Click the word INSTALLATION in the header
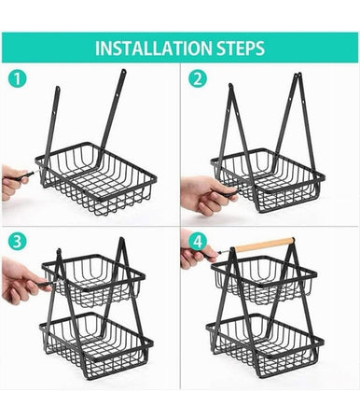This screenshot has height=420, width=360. point(154,48)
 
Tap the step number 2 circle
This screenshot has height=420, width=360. point(196,79)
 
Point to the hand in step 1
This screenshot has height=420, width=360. point(12,181)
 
